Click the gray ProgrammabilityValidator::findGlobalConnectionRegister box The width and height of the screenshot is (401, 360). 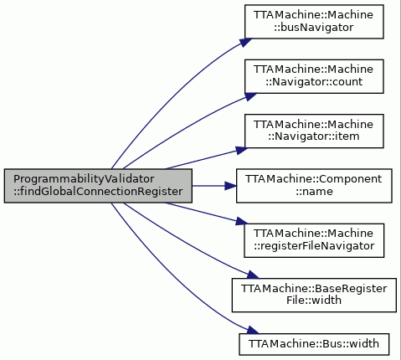(x=98, y=186)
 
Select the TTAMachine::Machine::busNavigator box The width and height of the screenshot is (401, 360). (x=314, y=22)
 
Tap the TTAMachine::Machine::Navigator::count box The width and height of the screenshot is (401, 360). (x=314, y=76)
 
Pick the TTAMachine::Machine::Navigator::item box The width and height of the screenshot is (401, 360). (x=314, y=131)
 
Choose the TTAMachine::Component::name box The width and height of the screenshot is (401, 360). (x=314, y=186)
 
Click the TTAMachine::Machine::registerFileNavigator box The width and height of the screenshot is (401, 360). (x=314, y=240)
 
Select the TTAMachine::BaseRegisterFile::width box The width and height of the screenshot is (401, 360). (x=314, y=295)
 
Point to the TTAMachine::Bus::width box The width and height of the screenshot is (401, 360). (x=314, y=344)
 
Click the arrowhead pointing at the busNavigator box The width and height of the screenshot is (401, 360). (x=245, y=43)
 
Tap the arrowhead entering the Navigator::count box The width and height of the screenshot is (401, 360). (x=250, y=96)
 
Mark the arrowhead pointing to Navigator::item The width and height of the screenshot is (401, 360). (x=242, y=150)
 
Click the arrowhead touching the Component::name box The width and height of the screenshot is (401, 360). (x=231, y=186)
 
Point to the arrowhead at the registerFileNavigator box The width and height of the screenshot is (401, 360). (x=242, y=221)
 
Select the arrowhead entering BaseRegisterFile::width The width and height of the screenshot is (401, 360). (x=253, y=275)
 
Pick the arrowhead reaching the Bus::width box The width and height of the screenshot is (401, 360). (x=253, y=330)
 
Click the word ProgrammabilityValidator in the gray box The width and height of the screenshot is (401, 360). (x=84, y=179)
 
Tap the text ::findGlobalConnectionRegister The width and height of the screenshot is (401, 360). (x=98, y=192)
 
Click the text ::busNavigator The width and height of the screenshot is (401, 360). (x=314, y=28)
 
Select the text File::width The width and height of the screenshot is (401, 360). (x=314, y=301)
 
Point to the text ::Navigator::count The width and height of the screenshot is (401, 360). (x=314, y=82)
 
